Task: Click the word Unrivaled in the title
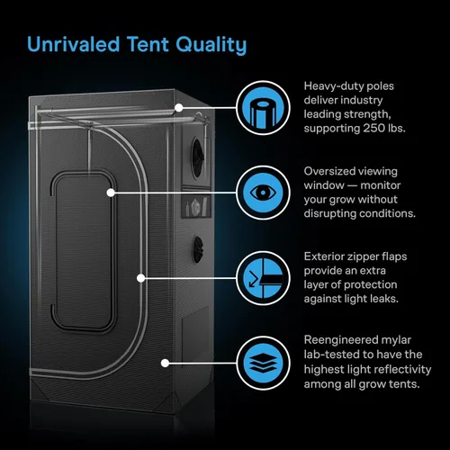point(74,44)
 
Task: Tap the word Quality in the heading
point(211,46)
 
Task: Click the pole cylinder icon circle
point(263,108)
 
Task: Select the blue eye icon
point(263,193)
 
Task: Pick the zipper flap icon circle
point(263,278)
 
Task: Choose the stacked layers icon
point(263,364)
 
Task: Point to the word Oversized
point(329,171)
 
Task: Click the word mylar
point(396,340)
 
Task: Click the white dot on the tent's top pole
point(179,108)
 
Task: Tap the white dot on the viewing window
point(111,193)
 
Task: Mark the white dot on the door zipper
point(141,278)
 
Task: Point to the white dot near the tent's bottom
point(165,364)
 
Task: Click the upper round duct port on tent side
point(198,157)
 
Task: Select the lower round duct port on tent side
point(198,249)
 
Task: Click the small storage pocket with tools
point(196,207)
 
